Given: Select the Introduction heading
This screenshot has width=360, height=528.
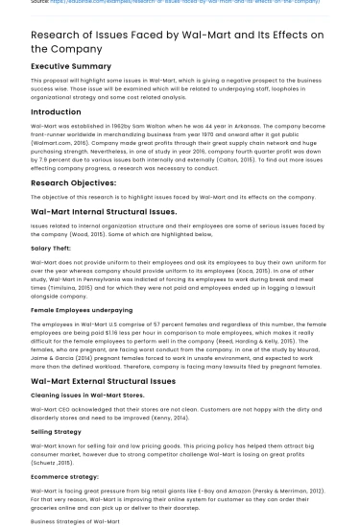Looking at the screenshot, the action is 56,112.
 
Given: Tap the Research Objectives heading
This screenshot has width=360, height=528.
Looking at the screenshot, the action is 73,181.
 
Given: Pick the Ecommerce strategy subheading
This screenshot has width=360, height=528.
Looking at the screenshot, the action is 64,475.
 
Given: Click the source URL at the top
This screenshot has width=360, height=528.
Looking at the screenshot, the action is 182,3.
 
